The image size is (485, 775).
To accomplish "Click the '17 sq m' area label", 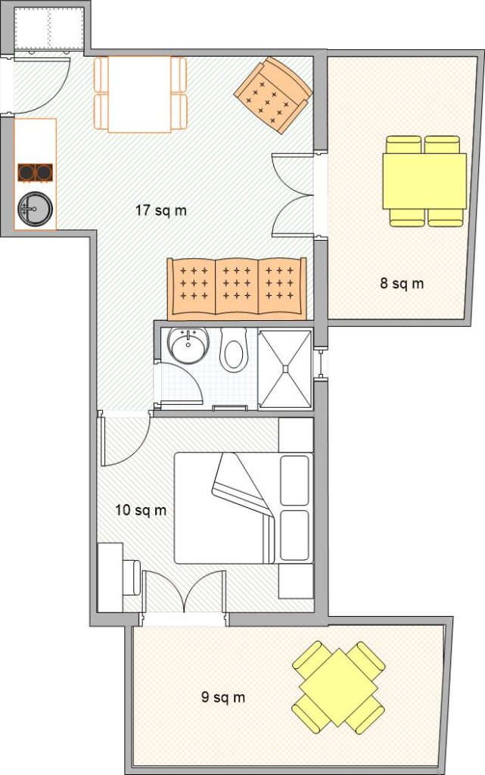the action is click(x=161, y=210).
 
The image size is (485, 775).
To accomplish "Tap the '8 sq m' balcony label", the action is click(x=402, y=284).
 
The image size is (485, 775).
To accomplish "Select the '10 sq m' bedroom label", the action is click(x=141, y=510).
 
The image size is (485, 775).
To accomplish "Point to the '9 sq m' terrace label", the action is click(x=223, y=697).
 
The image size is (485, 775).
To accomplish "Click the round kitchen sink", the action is click(x=35, y=208).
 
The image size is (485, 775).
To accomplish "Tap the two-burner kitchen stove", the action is click(x=35, y=173).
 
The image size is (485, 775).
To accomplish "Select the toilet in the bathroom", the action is click(x=234, y=350).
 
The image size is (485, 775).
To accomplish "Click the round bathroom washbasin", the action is click(x=188, y=345).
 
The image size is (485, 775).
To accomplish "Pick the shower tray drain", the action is click(x=285, y=369).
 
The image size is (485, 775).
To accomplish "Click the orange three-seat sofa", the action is click(x=237, y=288).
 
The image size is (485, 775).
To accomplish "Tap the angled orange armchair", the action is click(x=273, y=95).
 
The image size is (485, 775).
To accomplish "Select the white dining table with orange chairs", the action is click(x=140, y=95).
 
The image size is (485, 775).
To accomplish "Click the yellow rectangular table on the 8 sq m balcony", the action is click(x=424, y=182).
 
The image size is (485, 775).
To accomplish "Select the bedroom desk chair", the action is click(x=132, y=577).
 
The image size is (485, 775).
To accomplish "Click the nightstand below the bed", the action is click(x=296, y=581).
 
